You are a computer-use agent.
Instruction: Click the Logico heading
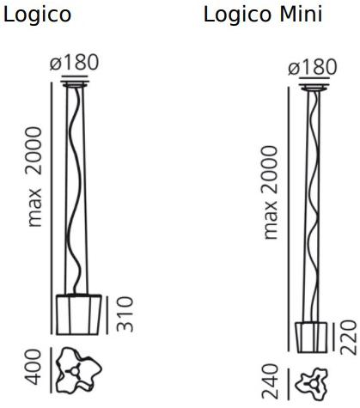pos(37,15)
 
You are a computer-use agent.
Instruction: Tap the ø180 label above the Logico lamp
pos(75,63)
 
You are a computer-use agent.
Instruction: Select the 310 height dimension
pos(124,315)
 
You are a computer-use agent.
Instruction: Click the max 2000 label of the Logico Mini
pos(272,192)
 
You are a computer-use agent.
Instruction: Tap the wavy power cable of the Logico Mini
pos(312,206)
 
